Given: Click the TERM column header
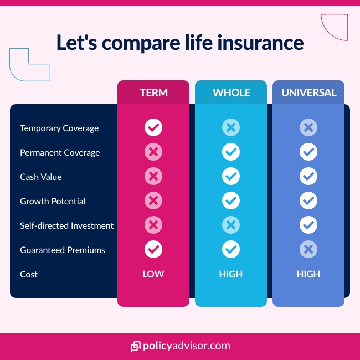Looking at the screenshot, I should (x=153, y=92).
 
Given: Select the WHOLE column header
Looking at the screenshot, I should (x=231, y=92).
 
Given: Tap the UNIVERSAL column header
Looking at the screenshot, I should (x=308, y=92).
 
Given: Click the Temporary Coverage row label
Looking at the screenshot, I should (x=59, y=128).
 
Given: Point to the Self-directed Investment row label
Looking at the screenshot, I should (x=66, y=225).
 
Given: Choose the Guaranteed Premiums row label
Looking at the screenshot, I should (x=63, y=250).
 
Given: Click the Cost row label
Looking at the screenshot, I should (x=29, y=274).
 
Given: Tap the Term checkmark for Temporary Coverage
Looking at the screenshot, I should (x=153, y=128).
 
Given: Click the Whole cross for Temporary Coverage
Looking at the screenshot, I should (x=231, y=128).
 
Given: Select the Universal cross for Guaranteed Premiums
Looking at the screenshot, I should (x=308, y=250).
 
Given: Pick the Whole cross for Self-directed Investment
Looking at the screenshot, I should (x=231, y=225).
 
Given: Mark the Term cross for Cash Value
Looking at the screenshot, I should (x=153, y=177).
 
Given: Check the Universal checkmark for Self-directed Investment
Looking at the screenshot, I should (x=308, y=225).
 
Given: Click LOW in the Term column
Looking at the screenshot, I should (x=153, y=274).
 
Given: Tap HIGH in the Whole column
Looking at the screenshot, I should (x=231, y=274).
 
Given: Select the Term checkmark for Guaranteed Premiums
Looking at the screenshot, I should (x=153, y=250).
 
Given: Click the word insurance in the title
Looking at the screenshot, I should (x=261, y=43).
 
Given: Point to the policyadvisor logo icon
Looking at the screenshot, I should (x=135, y=347).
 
